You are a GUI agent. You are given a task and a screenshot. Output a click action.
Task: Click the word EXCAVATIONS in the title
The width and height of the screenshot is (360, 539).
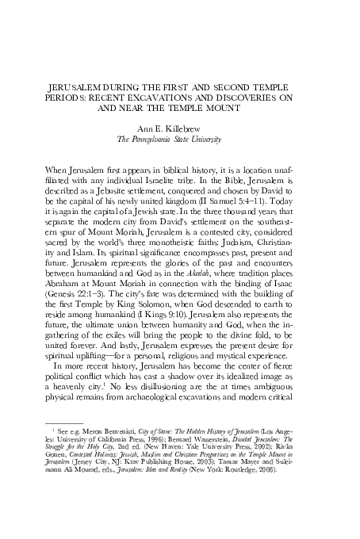tap(180, 96)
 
